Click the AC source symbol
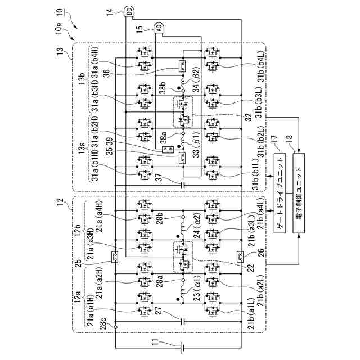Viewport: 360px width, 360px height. (159, 28)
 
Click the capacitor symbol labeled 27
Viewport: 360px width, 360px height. (183, 322)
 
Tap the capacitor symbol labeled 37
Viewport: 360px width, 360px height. (183, 184)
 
